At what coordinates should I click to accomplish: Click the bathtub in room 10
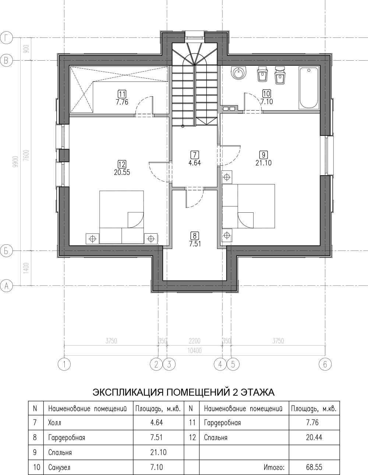(309, 88)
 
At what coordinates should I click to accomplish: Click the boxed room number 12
(122, 164)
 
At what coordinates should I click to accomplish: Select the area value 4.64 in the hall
(194, 163)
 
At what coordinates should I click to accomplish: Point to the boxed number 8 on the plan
(195, 236)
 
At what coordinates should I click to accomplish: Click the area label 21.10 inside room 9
(263, 163)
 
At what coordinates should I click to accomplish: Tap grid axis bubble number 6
(325, 364)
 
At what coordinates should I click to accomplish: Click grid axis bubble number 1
(64, 364)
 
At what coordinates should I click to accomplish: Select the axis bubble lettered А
(6, 286)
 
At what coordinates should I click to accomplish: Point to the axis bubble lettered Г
(6, 38)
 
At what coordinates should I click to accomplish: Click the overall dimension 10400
(194, 351)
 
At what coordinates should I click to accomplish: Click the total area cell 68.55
(314, 466)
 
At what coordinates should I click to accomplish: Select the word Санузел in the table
(59, 466)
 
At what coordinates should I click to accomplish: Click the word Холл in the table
(54, 422)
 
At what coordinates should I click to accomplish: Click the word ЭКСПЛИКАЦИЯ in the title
(128, 392)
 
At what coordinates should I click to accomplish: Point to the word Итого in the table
(274, 466)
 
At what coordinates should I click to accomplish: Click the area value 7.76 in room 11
(122, 102)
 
